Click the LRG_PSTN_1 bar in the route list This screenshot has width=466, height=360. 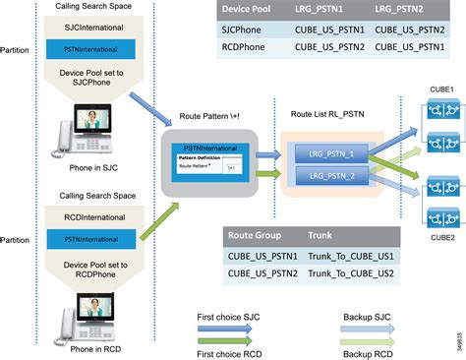tap(323, 153)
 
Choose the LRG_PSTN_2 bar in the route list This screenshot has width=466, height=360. tap(323, 175)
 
